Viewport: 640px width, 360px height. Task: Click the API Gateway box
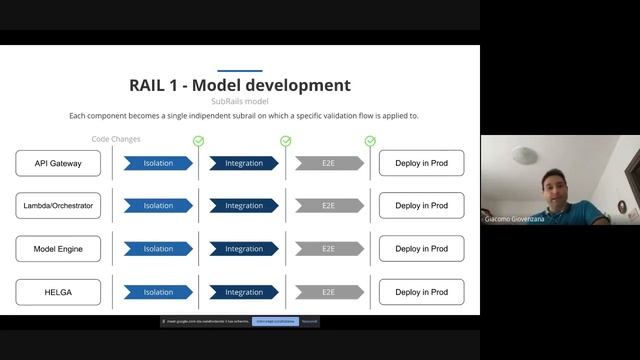point(58,163)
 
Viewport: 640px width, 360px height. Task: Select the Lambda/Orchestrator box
point(58,206)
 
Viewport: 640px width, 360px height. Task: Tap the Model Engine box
point(58,249)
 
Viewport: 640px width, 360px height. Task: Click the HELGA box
point(58,292)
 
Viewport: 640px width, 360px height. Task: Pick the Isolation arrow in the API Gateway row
point(158,163)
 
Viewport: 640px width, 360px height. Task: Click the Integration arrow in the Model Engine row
point(244,249)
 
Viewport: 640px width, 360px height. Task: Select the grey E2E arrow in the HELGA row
point(329,292)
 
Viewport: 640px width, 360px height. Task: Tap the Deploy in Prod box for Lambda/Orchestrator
point(421,206)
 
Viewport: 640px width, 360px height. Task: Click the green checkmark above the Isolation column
point(198,141)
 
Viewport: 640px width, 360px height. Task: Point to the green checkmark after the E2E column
point(370,141)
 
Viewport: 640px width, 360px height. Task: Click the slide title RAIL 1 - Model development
point(240,86)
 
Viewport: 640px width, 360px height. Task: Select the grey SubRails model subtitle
point(240,102)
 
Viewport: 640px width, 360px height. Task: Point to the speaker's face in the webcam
point(556,186)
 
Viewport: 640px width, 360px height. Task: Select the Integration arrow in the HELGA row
point(244,292)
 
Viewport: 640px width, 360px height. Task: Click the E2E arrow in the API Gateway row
point(329,163)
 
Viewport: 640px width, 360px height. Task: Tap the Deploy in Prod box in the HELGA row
point(421,292)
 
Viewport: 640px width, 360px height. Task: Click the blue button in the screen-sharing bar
point(274,321)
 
